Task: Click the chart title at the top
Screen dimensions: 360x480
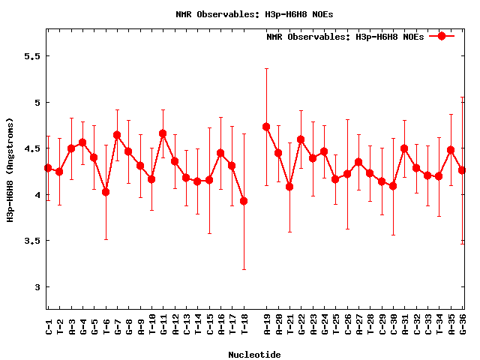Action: (x=244, y=13)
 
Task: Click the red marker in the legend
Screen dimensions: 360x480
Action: (x=442, y=36)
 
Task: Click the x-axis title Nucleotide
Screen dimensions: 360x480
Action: (x=254, y=355)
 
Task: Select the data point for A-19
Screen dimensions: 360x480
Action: (x=266, y=127)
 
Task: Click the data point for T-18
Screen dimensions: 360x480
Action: (x=244, y=201)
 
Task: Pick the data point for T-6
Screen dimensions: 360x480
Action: (x=106, y=192)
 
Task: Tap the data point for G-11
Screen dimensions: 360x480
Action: (x=163, y=133)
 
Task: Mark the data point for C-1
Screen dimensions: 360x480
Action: (x=48, y=168)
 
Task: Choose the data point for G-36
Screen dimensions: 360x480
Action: (x=462, y=170)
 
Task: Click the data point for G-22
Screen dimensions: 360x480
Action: (x=301, y=139)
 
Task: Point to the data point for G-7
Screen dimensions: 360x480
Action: (x=117, y=135)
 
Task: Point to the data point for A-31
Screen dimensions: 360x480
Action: (x=404, y=148)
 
